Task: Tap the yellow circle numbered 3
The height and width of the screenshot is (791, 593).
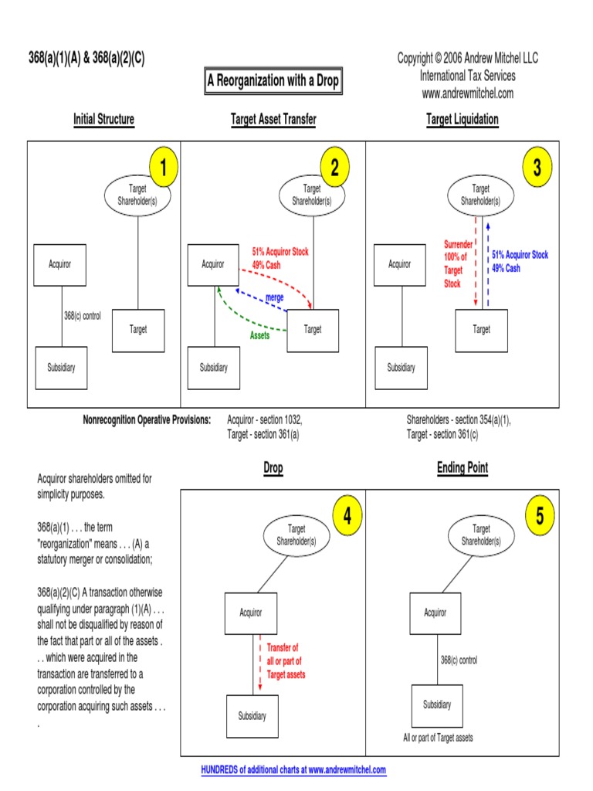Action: click(x=537, y=168)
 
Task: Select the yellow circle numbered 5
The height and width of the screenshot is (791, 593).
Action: click(x=540, y=517)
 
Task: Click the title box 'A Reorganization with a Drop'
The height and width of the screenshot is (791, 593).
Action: click(x=273, y=81)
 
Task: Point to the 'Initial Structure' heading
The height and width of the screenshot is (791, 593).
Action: click(x=103, y=119)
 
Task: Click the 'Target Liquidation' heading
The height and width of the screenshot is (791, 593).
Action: click(x=463, y=119)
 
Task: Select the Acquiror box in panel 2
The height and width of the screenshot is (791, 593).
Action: click(x=213, y=265)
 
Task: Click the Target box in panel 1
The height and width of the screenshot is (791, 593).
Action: click(x=138, y=330)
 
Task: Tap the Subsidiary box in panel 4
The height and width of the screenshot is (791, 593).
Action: click(x=252, y=716)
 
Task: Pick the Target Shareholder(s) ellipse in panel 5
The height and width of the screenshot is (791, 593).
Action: click(x=481, y=535)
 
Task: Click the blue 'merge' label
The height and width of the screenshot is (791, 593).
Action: click(x=275, y=297)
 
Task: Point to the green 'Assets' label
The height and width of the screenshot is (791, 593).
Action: click(x=259, y=336)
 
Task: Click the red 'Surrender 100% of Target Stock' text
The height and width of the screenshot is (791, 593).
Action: click(x=453, y=264)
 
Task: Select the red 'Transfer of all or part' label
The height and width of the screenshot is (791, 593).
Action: click(x=286, y=661)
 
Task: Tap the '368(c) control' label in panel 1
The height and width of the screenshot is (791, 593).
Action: click(x=83, y=316)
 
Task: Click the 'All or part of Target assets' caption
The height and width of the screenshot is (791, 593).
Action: click(x=438, y=738)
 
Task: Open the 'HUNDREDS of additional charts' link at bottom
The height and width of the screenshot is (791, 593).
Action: click(x=293, y=770)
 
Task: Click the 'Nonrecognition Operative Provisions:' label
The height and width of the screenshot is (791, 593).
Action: click(x=147, y=419)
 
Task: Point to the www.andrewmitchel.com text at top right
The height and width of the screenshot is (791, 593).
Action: click(x=467, y=93)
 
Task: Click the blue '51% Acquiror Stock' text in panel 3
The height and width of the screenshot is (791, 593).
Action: click(x=520, y=255)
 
